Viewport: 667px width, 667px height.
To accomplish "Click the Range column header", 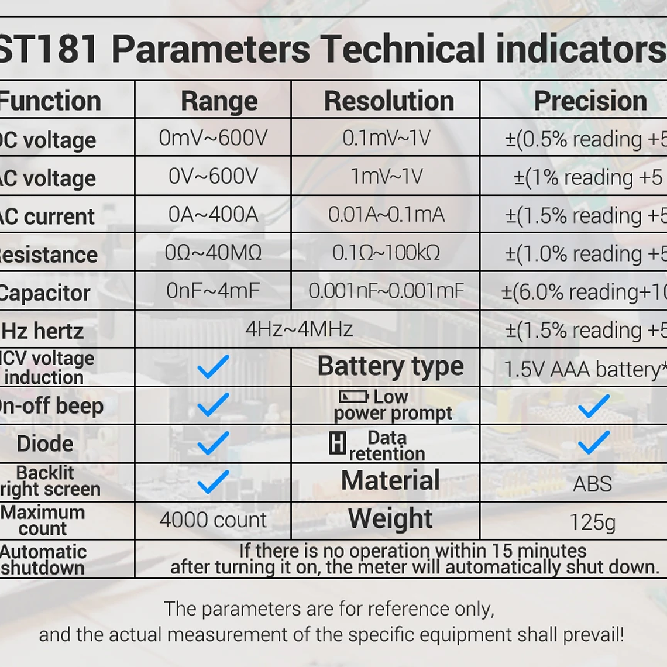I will click(x=219, y=101).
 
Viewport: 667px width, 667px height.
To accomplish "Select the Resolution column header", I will click(x=388, y=101).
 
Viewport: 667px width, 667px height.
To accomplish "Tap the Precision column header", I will click(x=590, y=101).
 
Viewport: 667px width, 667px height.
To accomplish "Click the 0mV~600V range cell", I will click(x=213, y=139).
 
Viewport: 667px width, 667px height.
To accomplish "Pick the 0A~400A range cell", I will click(x=213, y=215).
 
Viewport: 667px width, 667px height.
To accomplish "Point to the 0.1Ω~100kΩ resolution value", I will click(x=386, y=253).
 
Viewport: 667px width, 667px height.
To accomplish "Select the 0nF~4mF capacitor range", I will click(x=213, y=291).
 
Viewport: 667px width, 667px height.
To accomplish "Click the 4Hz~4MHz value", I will click(x=299, y=329).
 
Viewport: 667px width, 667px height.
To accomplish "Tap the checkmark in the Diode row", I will click(x=213, y=443).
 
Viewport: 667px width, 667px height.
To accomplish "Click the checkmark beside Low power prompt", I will click(x=593, y=405).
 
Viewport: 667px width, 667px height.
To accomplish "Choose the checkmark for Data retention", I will click(x=593, y=443).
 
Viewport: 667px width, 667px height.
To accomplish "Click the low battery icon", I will click(x=353, y=397).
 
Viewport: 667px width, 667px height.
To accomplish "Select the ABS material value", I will click(x=592, y=484).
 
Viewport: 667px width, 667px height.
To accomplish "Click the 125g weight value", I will click(x=592, y=522).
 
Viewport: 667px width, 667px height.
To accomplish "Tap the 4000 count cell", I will click(x=213, y=520).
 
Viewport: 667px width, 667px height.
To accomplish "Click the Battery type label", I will click(x=390, y=367).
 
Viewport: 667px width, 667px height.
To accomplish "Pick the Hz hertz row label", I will click(x=43, y=331).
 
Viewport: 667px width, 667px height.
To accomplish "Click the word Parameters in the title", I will click(x=211, y=49).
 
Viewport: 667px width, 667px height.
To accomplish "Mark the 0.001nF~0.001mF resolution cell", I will click(x=386, y=291).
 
